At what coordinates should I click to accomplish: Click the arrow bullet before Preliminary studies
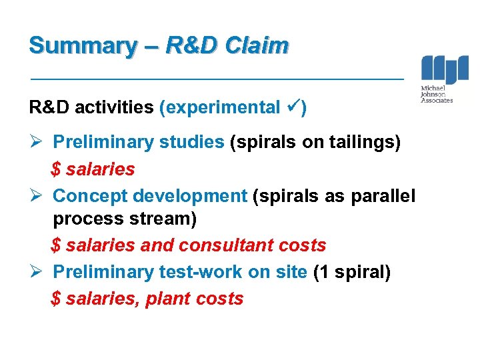coord(37,143)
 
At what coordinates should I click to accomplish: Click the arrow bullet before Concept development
coord(37,196)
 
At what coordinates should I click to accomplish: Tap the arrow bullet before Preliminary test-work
coord(37,272)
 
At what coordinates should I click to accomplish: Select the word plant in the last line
coord(165,299)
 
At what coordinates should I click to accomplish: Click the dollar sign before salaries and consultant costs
coord(56,245)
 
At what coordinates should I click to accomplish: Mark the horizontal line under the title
coord(217,79)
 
